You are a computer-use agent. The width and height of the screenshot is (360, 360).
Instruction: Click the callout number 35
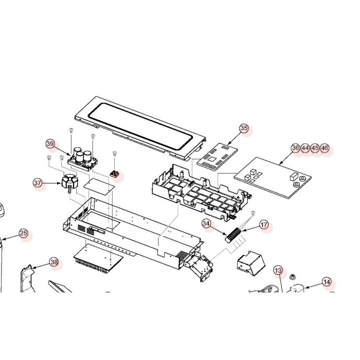244,128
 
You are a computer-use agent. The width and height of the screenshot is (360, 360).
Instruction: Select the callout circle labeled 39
50,144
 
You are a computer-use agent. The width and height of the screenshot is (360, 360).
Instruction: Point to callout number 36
296,148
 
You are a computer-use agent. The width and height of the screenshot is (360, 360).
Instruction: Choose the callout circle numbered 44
306,148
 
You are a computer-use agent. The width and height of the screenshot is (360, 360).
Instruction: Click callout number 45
315,148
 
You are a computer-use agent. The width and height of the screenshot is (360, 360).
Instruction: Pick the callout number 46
324,148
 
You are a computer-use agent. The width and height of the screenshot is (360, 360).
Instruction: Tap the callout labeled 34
207,223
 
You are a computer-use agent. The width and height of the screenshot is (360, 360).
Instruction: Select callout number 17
264,225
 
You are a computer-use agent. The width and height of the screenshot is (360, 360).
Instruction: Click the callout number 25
23,233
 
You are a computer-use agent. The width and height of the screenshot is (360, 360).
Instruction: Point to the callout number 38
54,262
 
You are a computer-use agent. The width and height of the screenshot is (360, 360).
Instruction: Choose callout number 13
278,270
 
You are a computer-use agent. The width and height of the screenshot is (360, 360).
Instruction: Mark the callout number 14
327,282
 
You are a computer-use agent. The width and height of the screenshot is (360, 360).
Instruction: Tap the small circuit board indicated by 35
217,157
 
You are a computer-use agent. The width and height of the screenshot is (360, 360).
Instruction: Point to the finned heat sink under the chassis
98,258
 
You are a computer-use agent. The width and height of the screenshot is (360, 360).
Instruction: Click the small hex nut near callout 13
292,277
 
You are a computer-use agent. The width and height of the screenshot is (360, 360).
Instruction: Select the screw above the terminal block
253,213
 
